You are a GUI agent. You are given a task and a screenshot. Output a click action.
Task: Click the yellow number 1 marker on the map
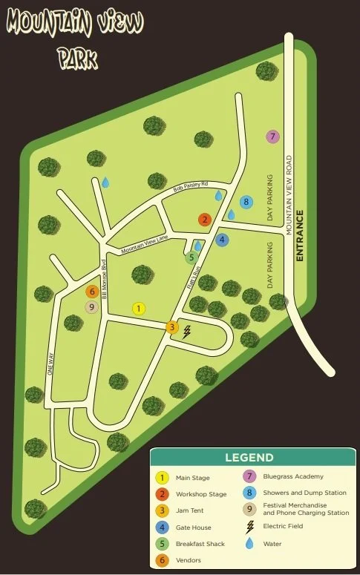pyautogui.click(x=138, y=308)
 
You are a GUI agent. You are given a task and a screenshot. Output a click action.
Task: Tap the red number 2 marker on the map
pyautogui.click(x=204, y=219)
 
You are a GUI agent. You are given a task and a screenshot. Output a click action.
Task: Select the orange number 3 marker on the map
pyautogui.click(x=172, y=326)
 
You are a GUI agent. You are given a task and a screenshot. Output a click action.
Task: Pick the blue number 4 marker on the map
pyautogui.click(x=222, y=240)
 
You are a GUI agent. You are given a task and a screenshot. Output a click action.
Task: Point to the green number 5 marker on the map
pyautogui.click(x=192, y=258)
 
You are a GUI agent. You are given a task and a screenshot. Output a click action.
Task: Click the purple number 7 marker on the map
pyautogui.click(x=272, y=137)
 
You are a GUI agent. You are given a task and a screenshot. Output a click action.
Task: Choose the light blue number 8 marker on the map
pyautogui.click(x=246, y=202)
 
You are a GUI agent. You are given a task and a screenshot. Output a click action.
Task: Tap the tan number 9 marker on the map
pyautogui.click(x=92, y=307)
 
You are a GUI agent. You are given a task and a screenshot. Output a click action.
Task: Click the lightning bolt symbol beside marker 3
pyautogui.click(x=187, y=331)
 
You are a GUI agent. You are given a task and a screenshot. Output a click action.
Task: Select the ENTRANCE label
pyautogui.click(x=300, y=235)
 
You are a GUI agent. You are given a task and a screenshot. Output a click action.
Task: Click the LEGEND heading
pyautogui.click(x=249, y=458)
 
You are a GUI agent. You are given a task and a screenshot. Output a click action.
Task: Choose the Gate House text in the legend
pyautogui.click(x=193, y=527)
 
